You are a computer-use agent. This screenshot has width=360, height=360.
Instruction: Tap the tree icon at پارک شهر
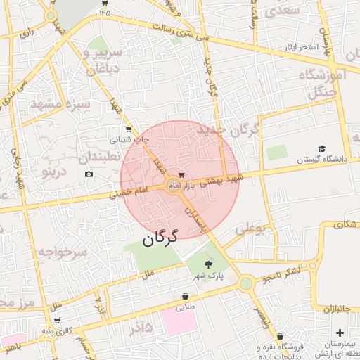click(207, 264)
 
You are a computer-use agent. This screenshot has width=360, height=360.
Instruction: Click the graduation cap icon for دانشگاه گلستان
click(322, 148)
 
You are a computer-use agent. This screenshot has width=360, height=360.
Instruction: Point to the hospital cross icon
click(340, 332)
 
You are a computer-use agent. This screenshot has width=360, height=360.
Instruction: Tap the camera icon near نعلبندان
click(89, 174)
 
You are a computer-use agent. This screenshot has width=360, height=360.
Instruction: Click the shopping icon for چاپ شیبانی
click(127, 129)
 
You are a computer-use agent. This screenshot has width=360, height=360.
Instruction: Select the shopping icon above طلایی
click(184, 296)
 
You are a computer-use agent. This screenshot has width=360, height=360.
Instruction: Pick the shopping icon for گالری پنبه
click(57, 320)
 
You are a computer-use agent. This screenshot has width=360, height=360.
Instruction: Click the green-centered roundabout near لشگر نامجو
click(246, 283)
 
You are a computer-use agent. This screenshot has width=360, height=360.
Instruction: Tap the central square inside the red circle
click(173, 186)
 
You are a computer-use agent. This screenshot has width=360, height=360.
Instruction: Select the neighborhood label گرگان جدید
click(229, 131)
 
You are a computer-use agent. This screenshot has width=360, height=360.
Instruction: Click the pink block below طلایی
click(179, 321)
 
